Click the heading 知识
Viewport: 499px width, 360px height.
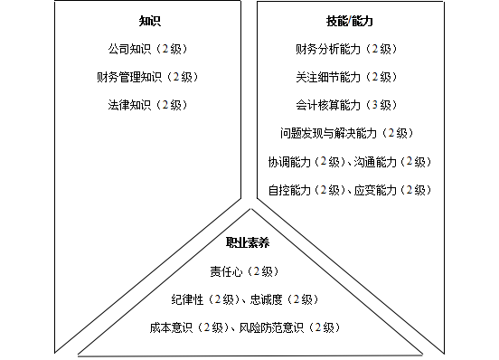click(x=150, y=20)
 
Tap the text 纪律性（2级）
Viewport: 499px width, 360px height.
click(x=204, y=299)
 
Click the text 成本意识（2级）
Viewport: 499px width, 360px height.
click(x=187, y=327)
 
